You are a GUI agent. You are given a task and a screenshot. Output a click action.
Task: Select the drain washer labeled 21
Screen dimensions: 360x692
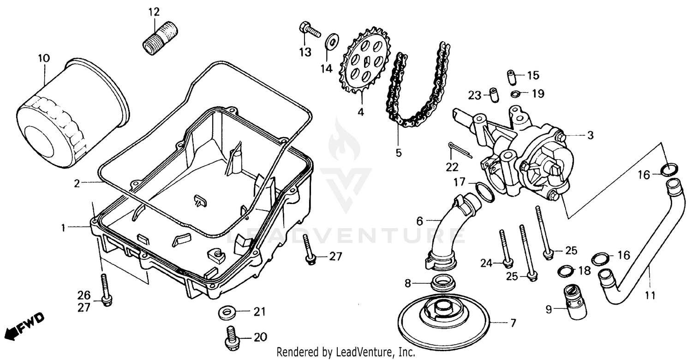(x=227, y=313)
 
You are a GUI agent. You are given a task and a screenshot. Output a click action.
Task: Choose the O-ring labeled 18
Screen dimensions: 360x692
(x=566, y=271)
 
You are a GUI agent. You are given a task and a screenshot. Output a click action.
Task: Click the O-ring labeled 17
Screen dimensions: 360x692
(x=484, y=191)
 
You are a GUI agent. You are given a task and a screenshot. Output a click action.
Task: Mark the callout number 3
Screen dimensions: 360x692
(x=590, y=135)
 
